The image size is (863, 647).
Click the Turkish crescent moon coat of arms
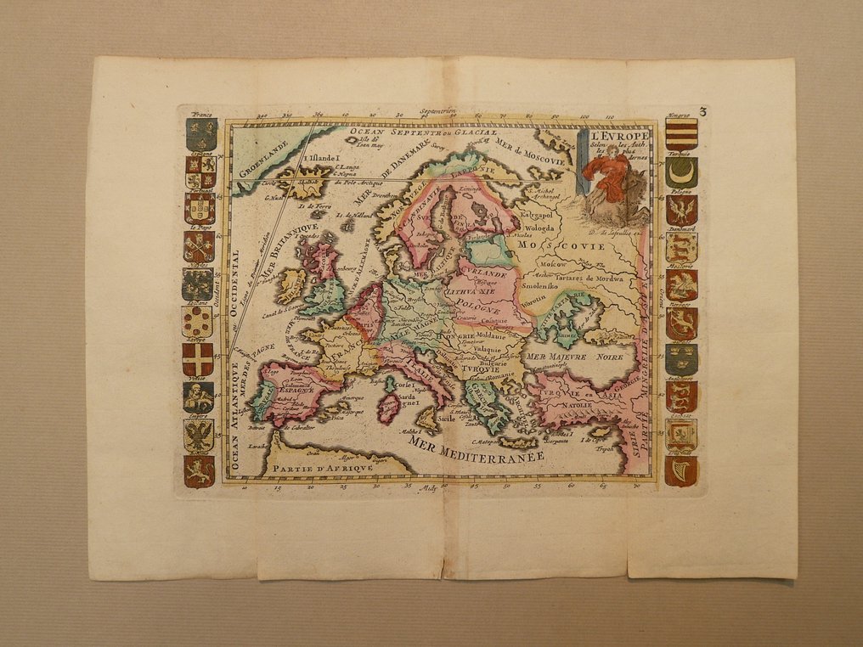[681, 172]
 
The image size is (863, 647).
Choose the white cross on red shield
[198, 359]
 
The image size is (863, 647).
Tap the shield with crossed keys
[199, 247]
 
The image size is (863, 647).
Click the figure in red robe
[604, 171]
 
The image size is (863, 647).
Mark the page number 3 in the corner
[702, 112]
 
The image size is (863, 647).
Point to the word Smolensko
[550, 287]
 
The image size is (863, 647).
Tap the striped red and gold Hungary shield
[681, 134]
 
